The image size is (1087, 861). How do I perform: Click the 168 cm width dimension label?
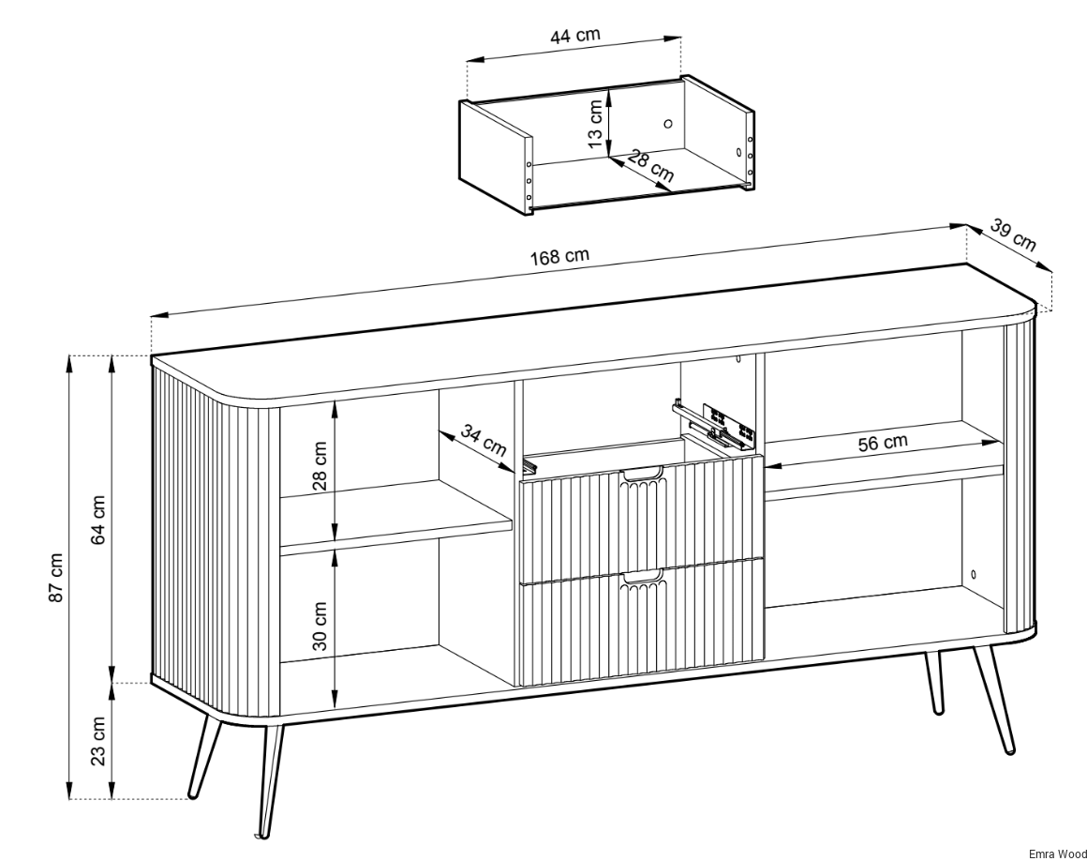tap(559, 256)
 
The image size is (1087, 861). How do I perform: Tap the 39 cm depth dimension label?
tap(1013, 235)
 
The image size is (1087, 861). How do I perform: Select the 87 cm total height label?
tap(57, 577)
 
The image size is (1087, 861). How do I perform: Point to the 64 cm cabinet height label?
tap(99, 520)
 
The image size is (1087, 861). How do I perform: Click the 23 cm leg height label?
tap(99, 740)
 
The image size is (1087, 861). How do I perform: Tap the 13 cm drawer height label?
tap(595, 124)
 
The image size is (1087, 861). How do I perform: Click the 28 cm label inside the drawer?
tap(650, 167)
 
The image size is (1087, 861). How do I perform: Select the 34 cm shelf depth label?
tap(484, 441)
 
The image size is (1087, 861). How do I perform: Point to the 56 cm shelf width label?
tap(883, 442)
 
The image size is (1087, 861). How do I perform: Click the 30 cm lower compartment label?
tap(320, 625)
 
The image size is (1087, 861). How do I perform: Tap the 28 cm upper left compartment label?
tap(320, 465)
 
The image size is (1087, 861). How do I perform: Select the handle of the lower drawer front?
tap(643, 576)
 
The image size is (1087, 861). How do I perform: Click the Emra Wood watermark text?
tap(1057, 853)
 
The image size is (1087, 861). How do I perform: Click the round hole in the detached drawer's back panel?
tap(668, 124)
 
